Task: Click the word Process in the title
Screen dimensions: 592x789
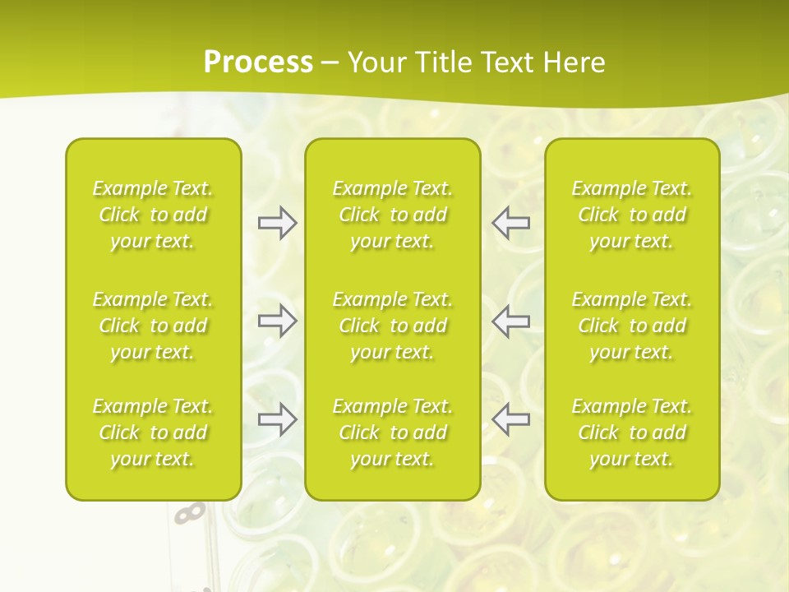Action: point(258,62)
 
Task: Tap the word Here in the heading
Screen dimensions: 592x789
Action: point(573,62)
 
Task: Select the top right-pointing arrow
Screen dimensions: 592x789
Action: point(278,223)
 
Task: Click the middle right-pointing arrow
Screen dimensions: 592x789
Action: point(278,321)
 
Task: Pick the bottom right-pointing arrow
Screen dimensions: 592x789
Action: point(278,419)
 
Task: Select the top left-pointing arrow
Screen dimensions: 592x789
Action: point(511,223)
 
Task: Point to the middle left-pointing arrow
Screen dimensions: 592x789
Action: point(511,321)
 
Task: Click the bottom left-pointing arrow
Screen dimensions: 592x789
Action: point(511,419)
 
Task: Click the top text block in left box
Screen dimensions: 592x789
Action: point(153,215)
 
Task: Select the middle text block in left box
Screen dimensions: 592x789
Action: point(153,326)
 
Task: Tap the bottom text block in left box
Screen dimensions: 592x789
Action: point(153,432)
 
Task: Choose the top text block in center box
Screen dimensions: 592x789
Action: point(392,215)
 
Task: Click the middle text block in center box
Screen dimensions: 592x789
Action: point(392,326)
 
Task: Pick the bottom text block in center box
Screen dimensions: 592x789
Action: point(392,432)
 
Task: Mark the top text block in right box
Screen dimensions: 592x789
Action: point(632,215)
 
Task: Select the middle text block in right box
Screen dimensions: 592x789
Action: point(632,326)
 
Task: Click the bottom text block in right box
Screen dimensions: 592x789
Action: point(632,432)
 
